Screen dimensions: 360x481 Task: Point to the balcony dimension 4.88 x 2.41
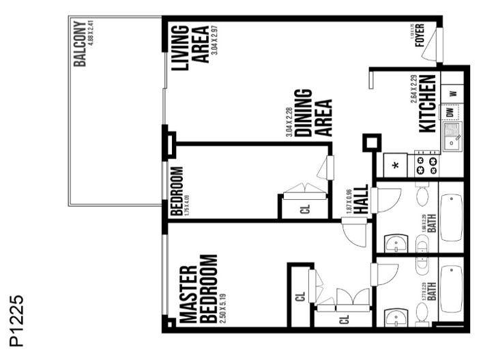89,40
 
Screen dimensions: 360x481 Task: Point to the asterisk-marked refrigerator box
395,166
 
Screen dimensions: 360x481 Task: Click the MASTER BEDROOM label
199,289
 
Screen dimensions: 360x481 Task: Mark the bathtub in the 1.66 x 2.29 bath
451,217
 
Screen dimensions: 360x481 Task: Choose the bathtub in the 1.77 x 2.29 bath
451,289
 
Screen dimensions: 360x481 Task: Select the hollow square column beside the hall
370,143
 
